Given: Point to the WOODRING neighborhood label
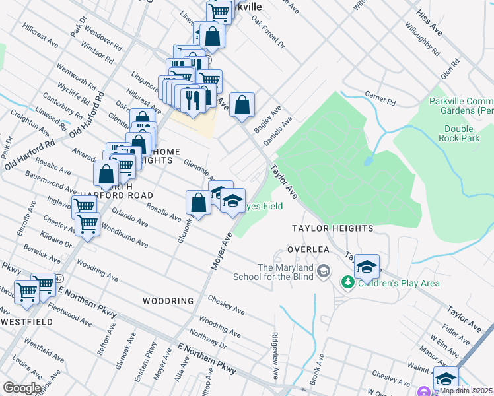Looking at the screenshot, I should (168, 301).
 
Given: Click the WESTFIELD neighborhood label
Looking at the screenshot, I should (27, 321).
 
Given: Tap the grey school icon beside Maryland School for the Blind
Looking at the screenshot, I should (324, 271).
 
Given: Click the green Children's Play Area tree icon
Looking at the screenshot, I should (347, 282).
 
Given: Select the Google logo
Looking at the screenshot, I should (21, 388).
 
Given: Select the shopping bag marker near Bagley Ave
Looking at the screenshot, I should (242, 104).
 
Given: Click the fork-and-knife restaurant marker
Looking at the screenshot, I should (191, 100).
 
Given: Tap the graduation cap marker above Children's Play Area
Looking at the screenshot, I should (366, 267).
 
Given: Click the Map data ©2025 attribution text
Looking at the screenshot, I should (466, 391).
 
